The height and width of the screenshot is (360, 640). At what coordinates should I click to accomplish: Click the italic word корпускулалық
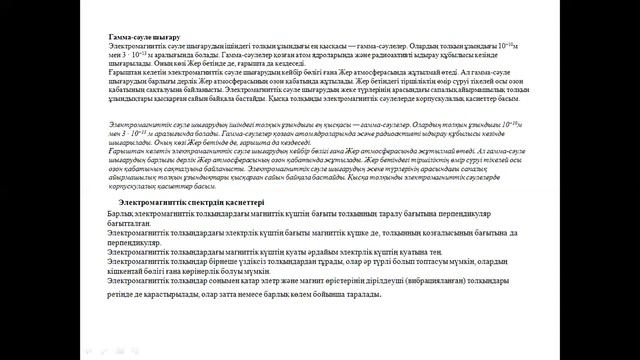point(139,185)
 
